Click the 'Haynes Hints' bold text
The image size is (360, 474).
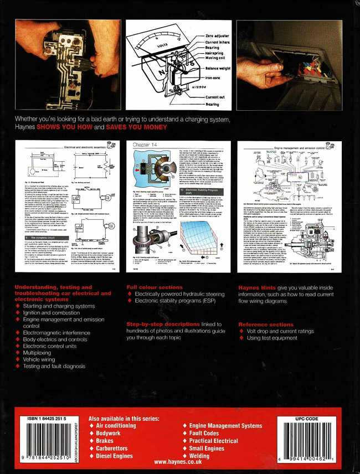[254, 287]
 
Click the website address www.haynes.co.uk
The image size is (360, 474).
[180, 461]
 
